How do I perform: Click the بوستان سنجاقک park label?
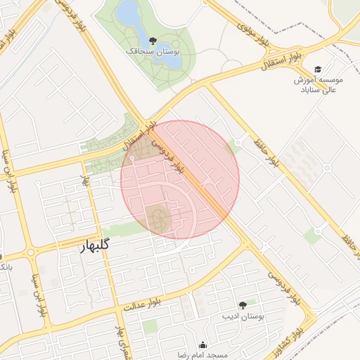[153, 51]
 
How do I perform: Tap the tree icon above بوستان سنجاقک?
[153, 40]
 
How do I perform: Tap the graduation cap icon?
[318, 69]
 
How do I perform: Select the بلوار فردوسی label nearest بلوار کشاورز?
[280, 285]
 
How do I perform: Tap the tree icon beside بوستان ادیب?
[243, 305]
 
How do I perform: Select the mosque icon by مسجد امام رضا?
[203, 345]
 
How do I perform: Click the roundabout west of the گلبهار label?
[30, 252]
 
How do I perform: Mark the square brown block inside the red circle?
[157, 219]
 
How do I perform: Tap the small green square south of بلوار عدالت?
[150, 326]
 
